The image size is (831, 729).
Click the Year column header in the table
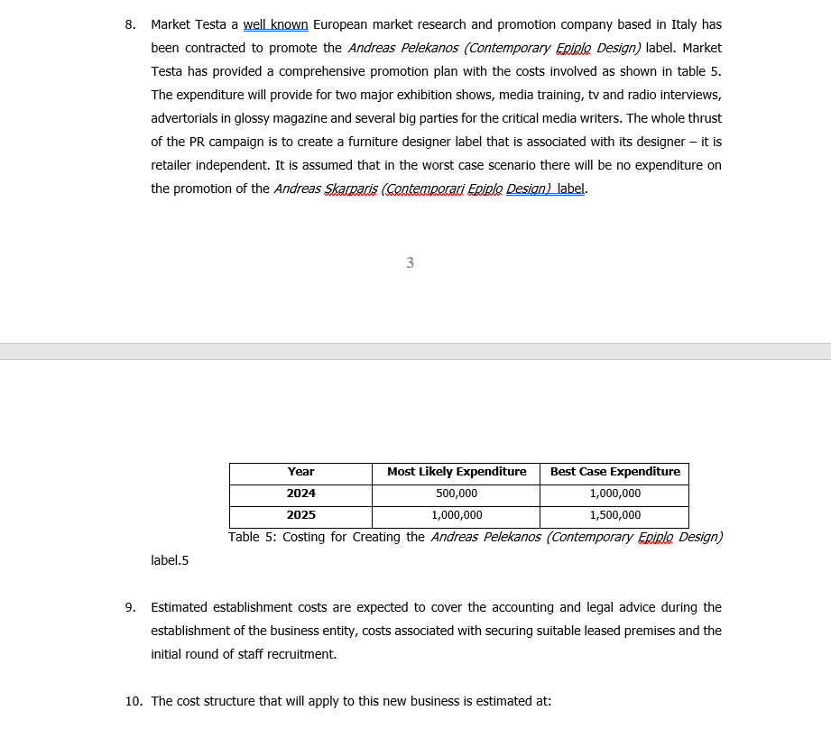pos(300,472)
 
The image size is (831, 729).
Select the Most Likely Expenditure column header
pos(457,472)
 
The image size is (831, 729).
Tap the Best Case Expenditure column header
pos(614,472)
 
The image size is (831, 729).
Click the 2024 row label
pos(300,494)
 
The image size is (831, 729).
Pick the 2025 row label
pos(300,515)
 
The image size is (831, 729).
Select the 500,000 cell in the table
pos(457,494)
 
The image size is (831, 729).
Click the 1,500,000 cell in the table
pos(614,515)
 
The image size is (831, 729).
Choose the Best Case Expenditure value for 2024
pos(614,494)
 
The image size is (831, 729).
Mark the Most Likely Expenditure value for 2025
pos(457,515)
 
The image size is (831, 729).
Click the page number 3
pos(411,263)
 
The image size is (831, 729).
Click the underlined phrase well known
pos(276,24)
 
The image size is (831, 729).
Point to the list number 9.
pos(130,607)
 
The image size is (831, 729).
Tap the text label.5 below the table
pos(170,560)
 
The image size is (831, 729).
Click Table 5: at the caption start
pos(256,537)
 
